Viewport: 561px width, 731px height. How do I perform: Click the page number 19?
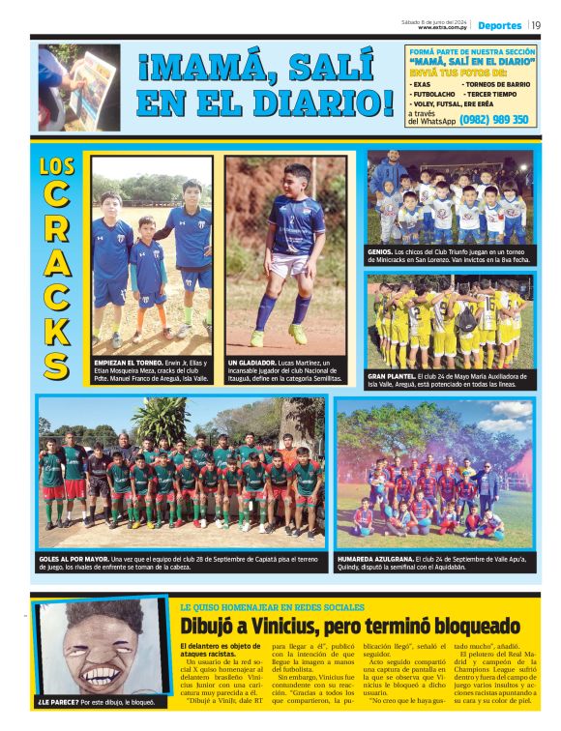536,24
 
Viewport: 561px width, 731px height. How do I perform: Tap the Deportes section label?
500,25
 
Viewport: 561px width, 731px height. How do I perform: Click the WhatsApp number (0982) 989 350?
494,120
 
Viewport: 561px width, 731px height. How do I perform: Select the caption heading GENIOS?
380,250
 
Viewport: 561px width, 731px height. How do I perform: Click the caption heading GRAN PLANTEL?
393,375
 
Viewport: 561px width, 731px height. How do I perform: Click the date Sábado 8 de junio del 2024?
436,20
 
